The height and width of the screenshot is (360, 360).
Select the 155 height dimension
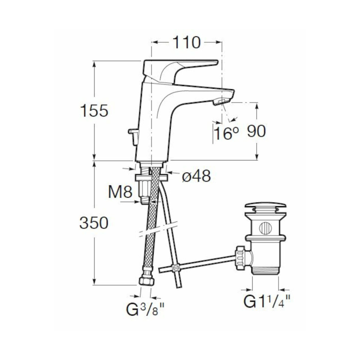click(x=94, y=111)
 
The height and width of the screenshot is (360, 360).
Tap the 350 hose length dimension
click(x=94, y=223)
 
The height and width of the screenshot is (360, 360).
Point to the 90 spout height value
click(x=256, y=131)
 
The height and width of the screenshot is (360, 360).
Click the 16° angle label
click(x=226, y=133)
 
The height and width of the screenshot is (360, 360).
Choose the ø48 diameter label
click(x=196, y=176)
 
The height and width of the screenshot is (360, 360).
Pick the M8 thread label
click(x=120, y=192)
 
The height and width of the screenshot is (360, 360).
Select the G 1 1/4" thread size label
click(x=267, y=301)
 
